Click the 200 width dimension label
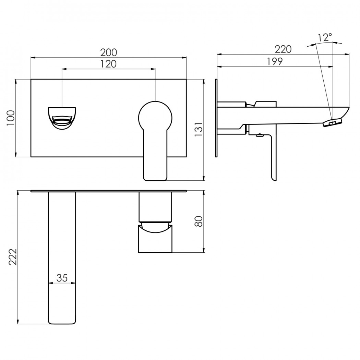109,52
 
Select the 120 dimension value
109,64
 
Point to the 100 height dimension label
11,118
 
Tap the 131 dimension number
199,130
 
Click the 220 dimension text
283,49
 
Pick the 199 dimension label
275,61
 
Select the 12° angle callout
325,37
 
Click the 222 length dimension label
13,257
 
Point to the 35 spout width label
62,278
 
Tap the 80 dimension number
199,221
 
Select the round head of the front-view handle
155,118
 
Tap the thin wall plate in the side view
216,118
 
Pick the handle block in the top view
155,239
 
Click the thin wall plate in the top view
109,191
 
